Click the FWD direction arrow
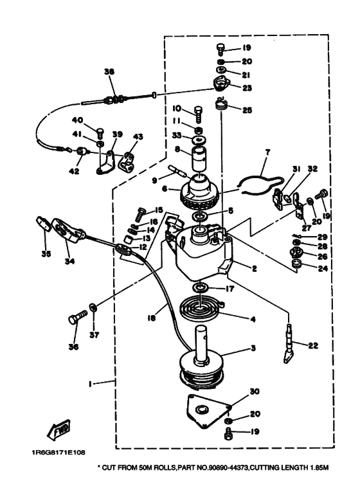tap(59, 430)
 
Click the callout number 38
tap(109, 71)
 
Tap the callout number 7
tap(267, 152)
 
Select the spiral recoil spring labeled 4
tap(202, 309)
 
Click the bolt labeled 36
tap(78, 316)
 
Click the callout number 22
tap(313, 345)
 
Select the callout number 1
tap(90, 384)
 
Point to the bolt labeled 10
tap(199, 114)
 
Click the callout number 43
tap(138, 136)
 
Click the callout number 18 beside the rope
tap(151, 317)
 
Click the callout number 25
tap(248, 110)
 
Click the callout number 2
tap(254, 269)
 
